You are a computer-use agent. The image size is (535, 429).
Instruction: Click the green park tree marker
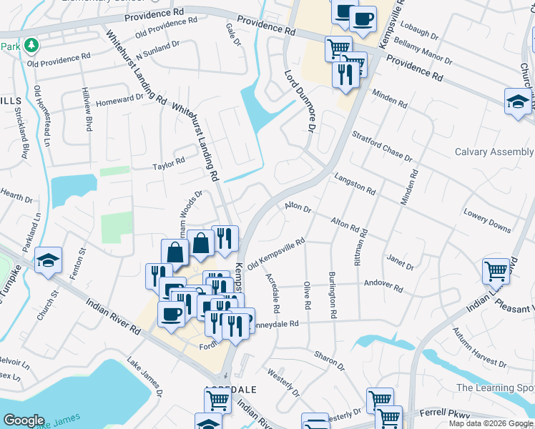(x=31, y=46)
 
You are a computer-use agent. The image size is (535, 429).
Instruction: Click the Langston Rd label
(x=355, y=184)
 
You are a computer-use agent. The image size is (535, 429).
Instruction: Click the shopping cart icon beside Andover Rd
(x=496, y=270)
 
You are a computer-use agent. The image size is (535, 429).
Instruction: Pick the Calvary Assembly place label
(x=494, y=152)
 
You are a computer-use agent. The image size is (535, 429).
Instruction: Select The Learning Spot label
(x=495, y=388)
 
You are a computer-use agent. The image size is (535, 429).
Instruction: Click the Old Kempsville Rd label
(x=277, y=254)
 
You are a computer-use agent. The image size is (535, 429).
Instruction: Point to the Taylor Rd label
(x=169, y=165)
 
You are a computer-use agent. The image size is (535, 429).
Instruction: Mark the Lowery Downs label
(x=487, y=220)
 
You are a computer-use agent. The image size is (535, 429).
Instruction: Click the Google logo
(x=24, y=420)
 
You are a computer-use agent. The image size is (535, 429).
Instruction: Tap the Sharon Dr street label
(x=329, y=359)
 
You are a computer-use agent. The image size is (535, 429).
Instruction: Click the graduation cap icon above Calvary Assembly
(x=517, y=101)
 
